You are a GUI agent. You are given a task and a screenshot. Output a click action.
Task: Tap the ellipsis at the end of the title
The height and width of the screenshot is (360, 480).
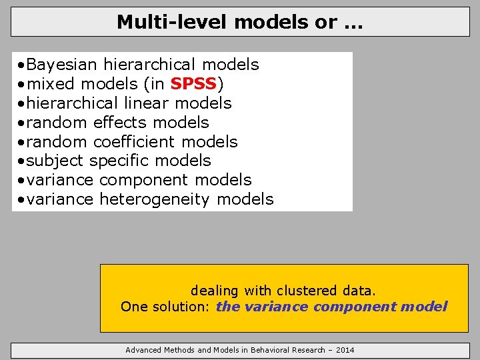click(353, 24)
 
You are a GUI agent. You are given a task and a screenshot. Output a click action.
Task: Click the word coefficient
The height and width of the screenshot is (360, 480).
click(135, 142)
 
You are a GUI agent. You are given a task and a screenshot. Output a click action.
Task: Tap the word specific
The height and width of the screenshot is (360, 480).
click(117, 161)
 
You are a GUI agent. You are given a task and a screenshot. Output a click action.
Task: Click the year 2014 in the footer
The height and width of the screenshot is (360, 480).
click(345, 350)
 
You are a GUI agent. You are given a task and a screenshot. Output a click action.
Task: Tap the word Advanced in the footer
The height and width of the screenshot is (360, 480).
click(143, 350)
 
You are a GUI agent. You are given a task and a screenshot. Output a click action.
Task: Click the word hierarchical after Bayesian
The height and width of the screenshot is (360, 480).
click(150, 65)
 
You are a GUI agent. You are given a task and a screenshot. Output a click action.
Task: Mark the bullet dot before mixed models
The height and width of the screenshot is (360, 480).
click(22, 85)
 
